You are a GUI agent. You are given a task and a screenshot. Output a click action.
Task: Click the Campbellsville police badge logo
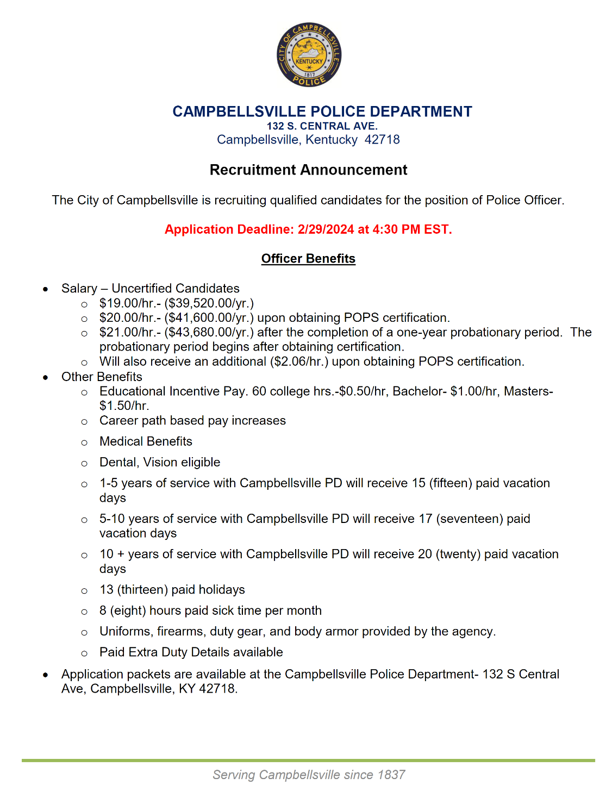tap(309, 55)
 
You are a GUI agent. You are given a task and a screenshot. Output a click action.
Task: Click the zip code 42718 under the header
tap(382, 140)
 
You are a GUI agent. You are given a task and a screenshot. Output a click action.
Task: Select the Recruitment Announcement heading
tap(308, 170)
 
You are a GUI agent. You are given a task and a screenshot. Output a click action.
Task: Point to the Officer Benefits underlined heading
tap(308, 259)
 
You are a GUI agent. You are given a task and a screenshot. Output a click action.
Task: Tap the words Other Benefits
tap(102, 377)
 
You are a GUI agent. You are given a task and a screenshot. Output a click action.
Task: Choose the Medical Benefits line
tap(146, 441)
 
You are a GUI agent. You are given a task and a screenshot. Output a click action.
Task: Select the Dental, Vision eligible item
tap(160, 463)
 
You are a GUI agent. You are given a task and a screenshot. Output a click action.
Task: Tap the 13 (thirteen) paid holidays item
tap(172, 590)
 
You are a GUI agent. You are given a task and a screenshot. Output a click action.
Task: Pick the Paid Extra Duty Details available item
tap(191, 652)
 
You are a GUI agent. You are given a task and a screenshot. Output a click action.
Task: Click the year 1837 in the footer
tap(390, 775)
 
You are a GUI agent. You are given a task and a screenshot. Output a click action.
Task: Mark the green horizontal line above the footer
tap(308, 760)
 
